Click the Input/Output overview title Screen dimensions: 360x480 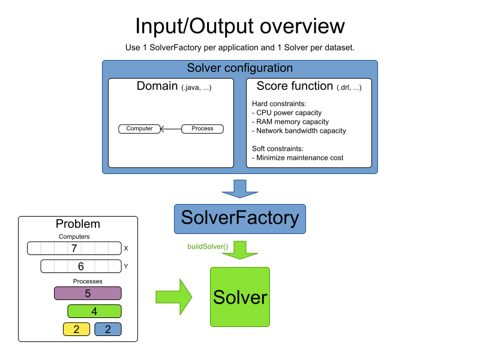point(240,26)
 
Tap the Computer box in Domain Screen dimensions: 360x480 point(139,128)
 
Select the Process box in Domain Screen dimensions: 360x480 point(202,128)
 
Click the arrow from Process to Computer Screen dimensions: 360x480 point(170,128)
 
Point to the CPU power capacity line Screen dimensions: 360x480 point(289,113)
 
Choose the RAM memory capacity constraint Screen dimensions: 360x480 point(292,122)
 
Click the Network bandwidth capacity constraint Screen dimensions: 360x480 point(299,131)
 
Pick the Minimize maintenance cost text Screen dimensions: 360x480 point(298,158)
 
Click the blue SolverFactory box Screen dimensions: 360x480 point(240,218)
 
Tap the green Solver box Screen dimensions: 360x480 point(240,297)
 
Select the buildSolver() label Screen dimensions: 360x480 point(208,247)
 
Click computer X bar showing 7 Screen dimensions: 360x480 point(74,248)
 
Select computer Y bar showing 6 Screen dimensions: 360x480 point(80,266)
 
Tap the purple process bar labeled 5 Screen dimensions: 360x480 point(88,293)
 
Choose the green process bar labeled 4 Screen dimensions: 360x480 point(94,311)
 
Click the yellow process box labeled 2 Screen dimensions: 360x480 point(76,329)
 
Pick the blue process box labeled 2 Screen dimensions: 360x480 point(108,329)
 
